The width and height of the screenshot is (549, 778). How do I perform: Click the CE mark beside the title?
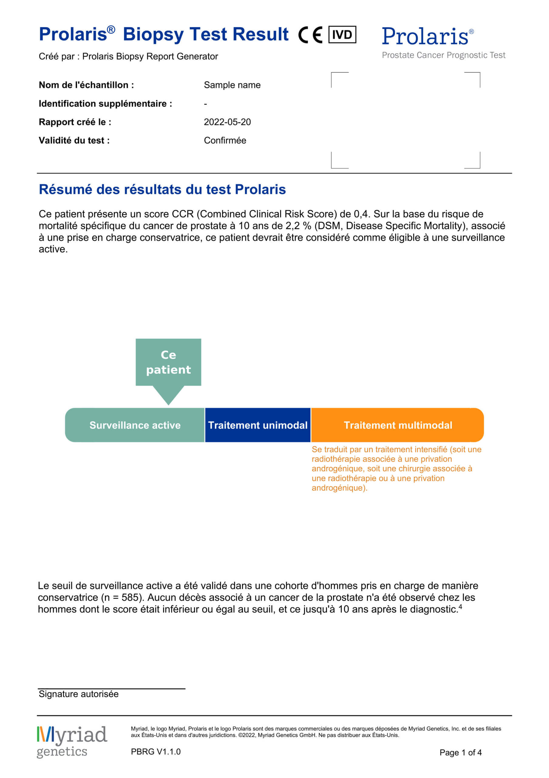[310, 35]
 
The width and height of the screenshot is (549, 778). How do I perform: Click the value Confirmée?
[225, 140]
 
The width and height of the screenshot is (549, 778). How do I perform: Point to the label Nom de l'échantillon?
[86, 85]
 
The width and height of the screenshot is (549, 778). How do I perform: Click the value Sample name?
[232, 85]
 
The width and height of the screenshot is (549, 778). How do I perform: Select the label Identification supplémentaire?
[105, 103]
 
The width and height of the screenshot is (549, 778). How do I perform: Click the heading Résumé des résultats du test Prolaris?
[162, 189]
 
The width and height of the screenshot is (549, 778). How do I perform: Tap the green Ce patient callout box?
[168, 362]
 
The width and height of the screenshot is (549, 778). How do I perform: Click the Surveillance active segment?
[135, 425]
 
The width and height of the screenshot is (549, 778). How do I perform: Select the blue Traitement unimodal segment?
[258, 425]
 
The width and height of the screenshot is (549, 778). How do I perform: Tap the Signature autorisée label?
[79, 694]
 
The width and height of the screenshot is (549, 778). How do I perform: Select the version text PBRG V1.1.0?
[156, 752]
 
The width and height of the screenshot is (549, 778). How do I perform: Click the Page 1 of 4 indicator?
[460, 752]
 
